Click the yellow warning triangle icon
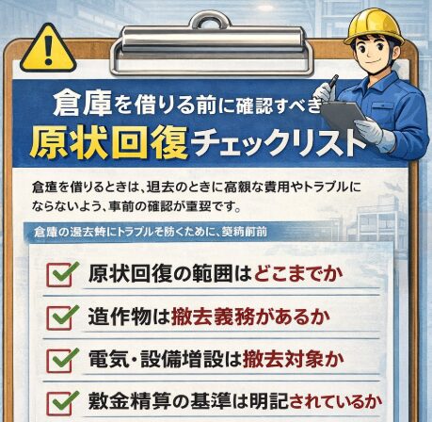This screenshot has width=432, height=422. [50, 42]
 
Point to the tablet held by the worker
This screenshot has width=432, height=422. [345, 116]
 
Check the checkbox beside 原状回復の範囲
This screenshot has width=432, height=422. [60, 274]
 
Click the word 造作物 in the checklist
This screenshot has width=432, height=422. [119, 316]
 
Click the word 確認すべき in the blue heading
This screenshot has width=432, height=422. [281, 101]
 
